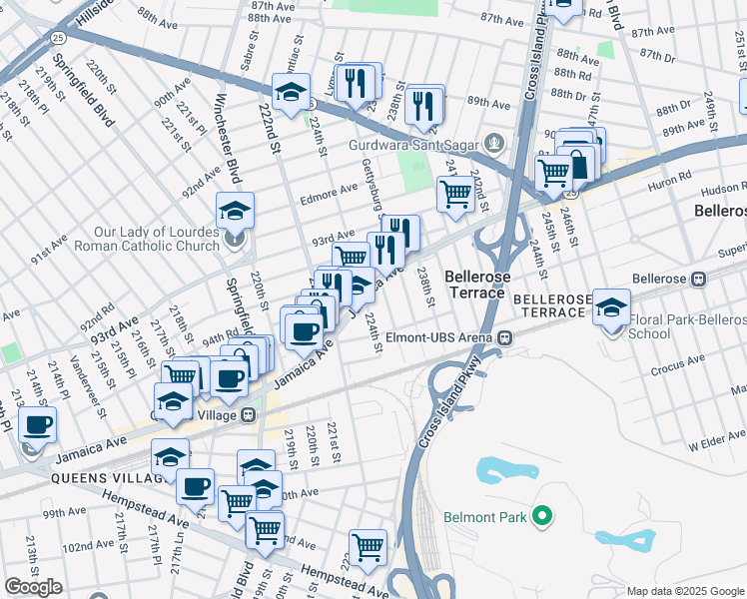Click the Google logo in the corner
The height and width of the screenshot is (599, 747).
[33, 587]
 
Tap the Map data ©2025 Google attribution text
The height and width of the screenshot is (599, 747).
[685, 591]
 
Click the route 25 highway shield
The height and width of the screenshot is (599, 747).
[59, 37]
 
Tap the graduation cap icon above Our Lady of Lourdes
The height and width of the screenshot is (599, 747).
[235, 210]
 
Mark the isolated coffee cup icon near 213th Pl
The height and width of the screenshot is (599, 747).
[38, 423]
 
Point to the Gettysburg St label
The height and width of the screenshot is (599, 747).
[373, 186]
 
